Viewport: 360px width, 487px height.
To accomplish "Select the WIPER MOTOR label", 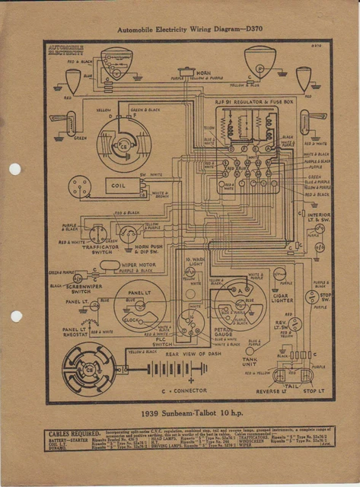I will pos(138,264).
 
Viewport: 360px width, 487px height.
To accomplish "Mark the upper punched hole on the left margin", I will pos(14,169).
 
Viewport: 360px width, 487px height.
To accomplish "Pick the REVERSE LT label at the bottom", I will pos(263,392).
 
